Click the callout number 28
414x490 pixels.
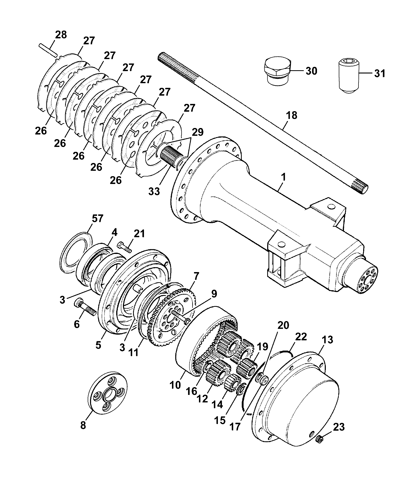coord(61,35)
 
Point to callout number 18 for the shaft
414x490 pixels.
coord(292,115)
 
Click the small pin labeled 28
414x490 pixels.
coord(48,50)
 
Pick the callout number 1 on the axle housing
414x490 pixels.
coord(283,178)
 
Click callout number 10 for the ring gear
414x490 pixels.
coord(175,392)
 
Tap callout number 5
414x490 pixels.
coord(98,345)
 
